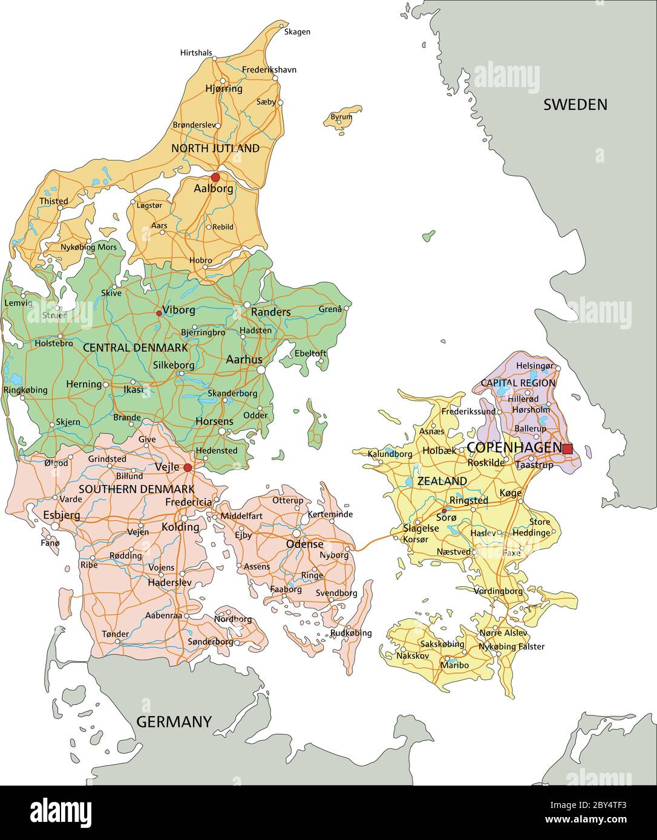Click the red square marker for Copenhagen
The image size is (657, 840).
567,448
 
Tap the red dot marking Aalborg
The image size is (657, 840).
215,177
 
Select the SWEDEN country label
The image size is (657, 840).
575,105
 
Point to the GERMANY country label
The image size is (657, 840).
174,722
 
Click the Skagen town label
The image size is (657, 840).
297,31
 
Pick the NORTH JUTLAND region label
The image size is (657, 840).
215,148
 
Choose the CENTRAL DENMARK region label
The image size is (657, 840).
135,348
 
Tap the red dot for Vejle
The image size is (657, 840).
188,468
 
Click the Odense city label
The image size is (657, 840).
305,544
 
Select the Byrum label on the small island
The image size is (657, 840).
342,117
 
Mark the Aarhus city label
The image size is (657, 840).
244,359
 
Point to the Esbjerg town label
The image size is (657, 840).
62,515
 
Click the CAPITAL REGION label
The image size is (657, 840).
518,383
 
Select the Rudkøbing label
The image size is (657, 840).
351,633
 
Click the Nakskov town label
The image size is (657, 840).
413,655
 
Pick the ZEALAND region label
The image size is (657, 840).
442,481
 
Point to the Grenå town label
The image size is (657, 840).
330,309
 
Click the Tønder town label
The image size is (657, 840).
115,634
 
